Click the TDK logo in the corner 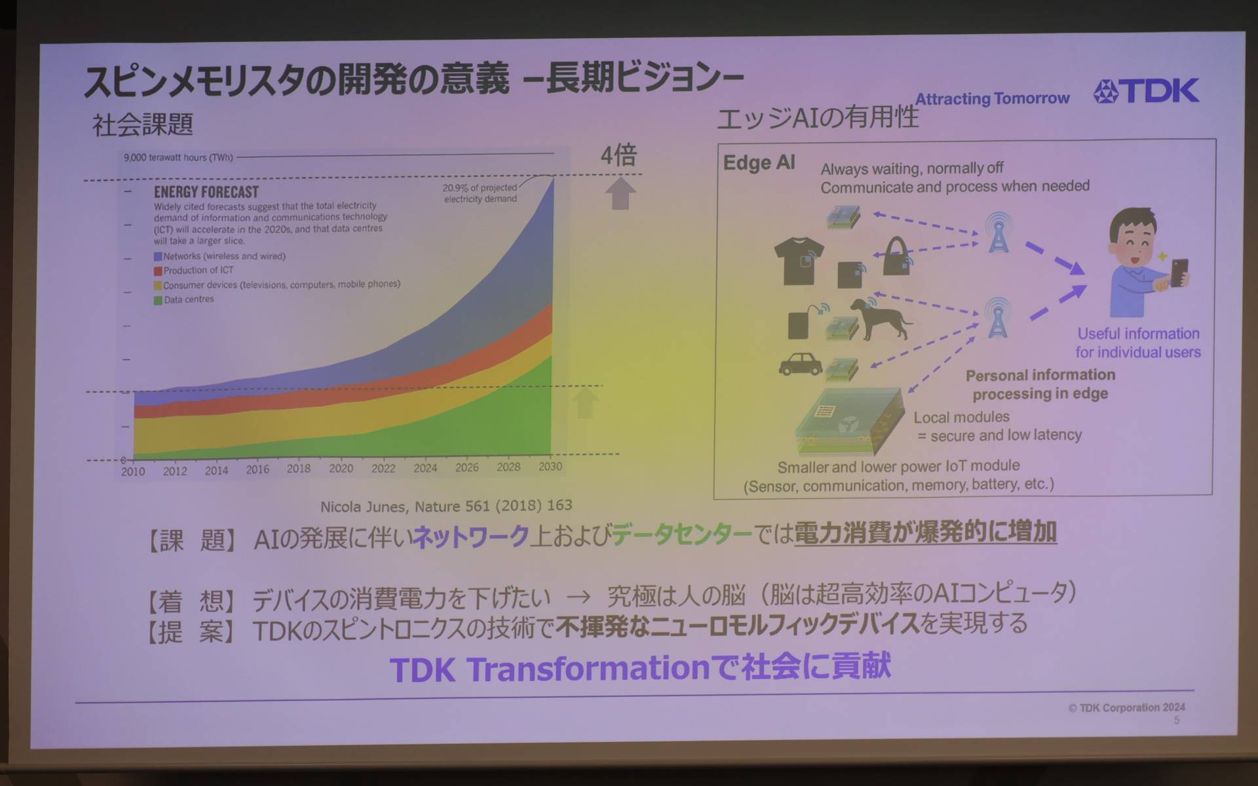coord(1147,91)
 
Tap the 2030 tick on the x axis coord(550,466)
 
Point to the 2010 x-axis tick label coord(133,472)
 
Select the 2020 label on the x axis coord(341,468)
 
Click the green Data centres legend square coord(158,301)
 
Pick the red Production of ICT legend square coord(158,271)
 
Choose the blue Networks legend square coord(158,257)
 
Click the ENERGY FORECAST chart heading coord(206,192)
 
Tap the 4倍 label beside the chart coord(619,155)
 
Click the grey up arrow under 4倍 coord(620,194)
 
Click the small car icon coord(801,364)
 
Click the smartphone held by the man coord(1179,272)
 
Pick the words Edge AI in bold coord(759,162)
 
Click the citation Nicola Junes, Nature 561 coord(446,506)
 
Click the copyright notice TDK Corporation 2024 coord(1127,707)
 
